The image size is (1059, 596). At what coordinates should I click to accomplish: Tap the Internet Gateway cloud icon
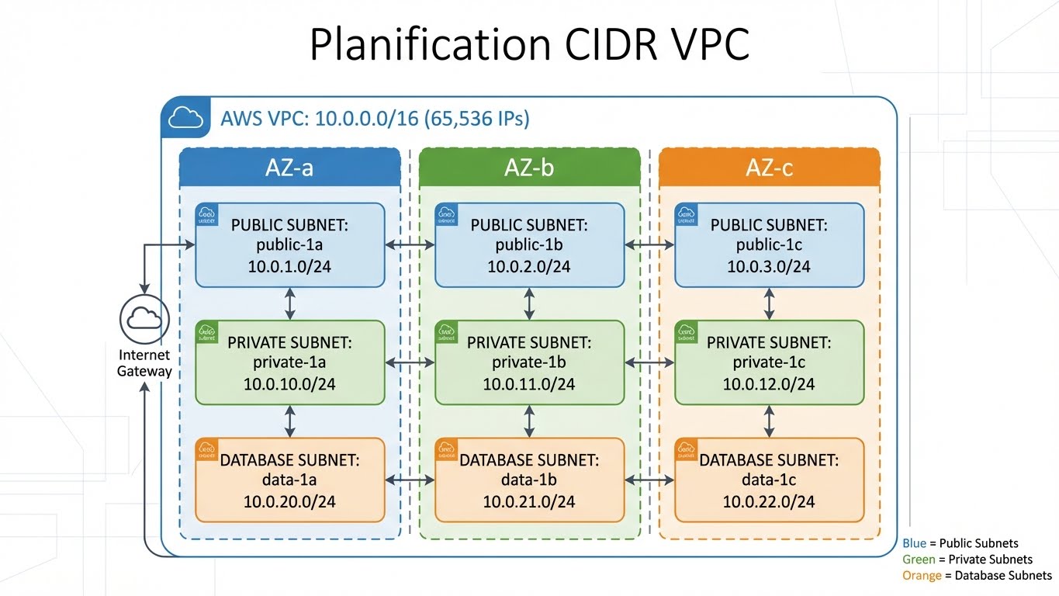point(144,318)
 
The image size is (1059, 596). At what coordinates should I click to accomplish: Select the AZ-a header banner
point(289,168)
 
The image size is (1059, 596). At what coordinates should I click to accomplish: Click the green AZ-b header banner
point(529,168)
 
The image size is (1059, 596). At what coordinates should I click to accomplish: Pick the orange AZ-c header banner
point(769,168)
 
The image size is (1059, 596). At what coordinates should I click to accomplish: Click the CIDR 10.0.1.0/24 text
point(289,267)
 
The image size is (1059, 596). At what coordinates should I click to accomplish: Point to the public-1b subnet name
point(529,246)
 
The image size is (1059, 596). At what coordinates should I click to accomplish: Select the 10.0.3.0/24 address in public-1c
point(769,267)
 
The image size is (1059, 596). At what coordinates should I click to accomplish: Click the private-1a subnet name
point(289,363)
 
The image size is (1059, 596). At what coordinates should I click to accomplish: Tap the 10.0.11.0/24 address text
point(529,384)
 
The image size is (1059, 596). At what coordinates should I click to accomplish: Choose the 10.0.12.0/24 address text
point(769,384)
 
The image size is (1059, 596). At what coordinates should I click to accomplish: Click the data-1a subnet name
point(289,480)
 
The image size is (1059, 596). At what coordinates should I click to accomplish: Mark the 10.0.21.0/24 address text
point(529,501)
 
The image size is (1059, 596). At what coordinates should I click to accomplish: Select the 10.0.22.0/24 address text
point(769,501)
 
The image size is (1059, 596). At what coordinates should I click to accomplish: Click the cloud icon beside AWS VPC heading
point(185,119)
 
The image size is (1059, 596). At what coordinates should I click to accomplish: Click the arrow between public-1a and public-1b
point(410,245)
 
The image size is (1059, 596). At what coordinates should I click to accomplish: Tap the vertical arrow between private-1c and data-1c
point(769,421)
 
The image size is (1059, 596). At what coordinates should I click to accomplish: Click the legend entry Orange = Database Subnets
point(977,576)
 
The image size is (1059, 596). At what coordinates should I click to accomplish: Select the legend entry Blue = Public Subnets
point(960,543)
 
